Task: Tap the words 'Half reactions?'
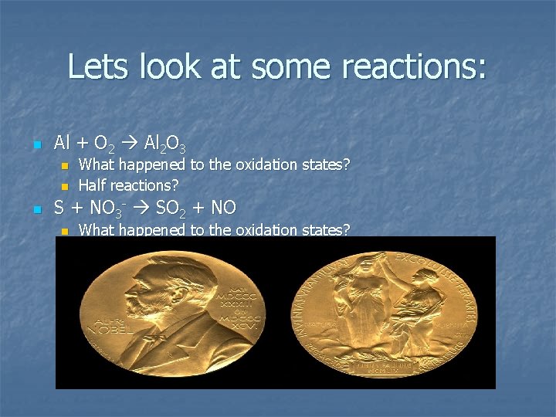click(x=129, y=185)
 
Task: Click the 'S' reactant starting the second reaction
click(x=59, y=208)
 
